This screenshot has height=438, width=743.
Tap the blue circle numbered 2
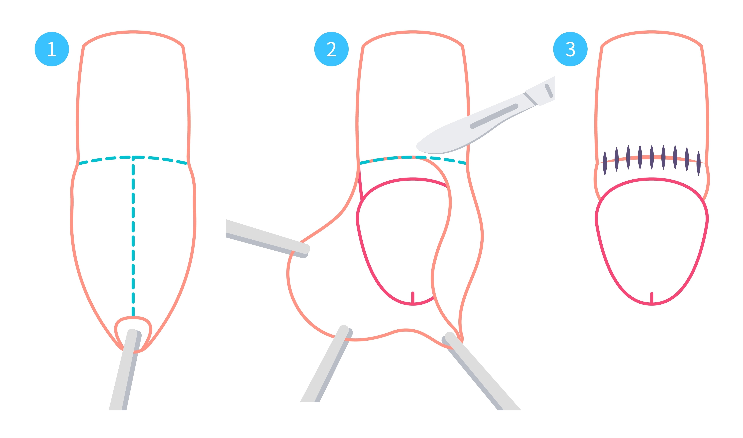[331, 49]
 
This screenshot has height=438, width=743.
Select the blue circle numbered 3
[570, 49]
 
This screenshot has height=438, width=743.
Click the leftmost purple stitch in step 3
[605, 164]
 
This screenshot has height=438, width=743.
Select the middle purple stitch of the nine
[652, 157]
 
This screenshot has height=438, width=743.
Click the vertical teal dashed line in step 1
[133, 236]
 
